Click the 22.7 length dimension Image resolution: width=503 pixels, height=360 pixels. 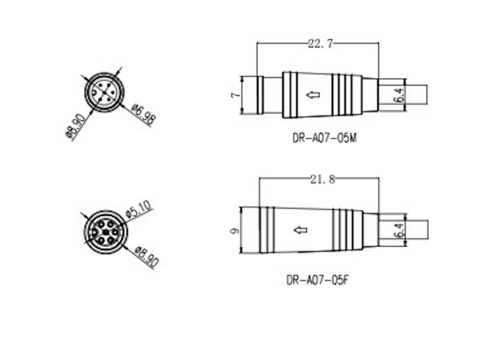[x=320, y=44]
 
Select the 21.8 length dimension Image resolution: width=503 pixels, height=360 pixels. [x=322, y=179]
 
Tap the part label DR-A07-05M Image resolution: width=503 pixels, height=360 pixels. [x=324, y=138]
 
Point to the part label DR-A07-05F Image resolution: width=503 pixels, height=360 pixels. [x=318, y=279]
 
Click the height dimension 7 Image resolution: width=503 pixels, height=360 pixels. [x=235, y=95]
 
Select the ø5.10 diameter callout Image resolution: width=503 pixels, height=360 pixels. [x=139, y=210]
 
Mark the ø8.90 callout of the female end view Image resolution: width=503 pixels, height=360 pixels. [x=147, y=257]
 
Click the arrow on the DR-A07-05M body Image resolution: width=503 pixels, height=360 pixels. [x=313, y=95]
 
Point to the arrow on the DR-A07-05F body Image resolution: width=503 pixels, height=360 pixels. [x=300, y=230]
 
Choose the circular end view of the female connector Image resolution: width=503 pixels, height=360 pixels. [x=104, y=232]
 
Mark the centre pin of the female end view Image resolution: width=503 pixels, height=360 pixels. [x=105, y=232]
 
